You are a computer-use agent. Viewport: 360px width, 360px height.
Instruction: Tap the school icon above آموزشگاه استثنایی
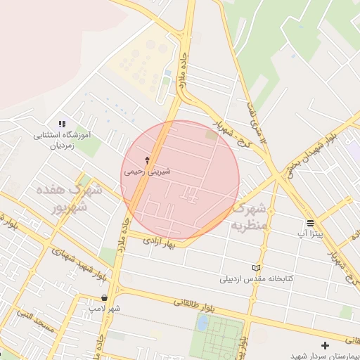(x=62, y=124)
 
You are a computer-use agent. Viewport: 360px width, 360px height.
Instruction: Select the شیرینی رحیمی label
(x=147, y=171)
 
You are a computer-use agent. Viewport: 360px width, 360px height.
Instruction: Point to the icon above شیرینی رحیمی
(x=147, y=160)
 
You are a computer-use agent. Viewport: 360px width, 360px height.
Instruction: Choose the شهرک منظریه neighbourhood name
(x=250, y=217)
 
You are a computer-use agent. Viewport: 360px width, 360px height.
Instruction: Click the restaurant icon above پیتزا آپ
(x=310, y=223)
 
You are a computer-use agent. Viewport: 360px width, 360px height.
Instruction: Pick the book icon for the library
(x=255, y=269)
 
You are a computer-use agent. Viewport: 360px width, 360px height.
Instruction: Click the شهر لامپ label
(x=104, y=308)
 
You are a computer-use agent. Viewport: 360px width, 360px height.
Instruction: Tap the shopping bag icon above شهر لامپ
(x=104, y=298)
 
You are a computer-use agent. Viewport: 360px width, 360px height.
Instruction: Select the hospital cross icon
(x=325, y=345)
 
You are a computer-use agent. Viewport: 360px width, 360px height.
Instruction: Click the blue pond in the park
(x=202, y=323)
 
